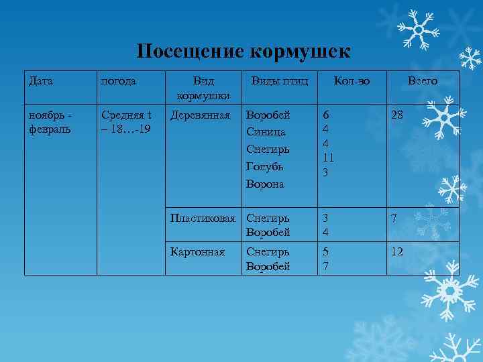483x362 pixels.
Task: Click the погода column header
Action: point(119,81)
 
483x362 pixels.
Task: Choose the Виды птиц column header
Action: point(279,81)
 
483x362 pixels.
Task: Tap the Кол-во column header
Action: point(352,81)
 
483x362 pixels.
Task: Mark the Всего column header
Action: point(423,81)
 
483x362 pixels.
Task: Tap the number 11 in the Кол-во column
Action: point(328,158)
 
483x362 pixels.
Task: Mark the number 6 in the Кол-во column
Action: point(325,115)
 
